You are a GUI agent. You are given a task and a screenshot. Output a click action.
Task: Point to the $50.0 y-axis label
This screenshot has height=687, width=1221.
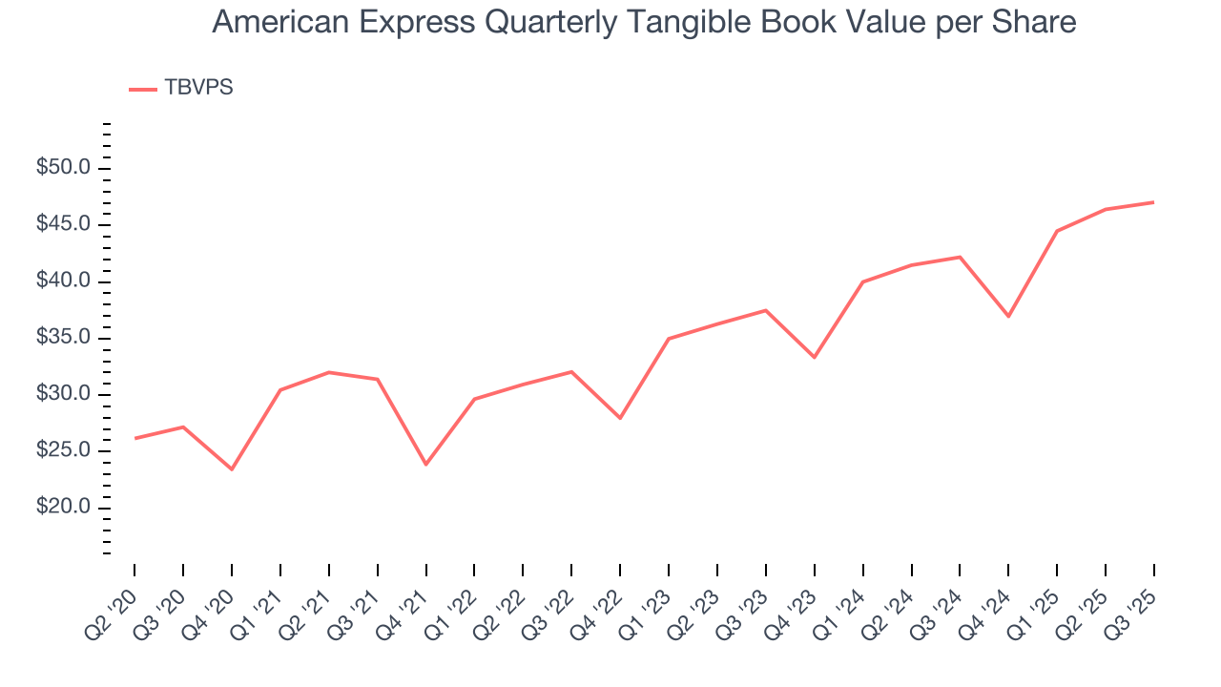pyautogui.click(x=63, y=169)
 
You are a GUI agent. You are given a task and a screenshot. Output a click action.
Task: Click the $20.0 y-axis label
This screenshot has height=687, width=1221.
pyautogui.click(x=63, y=508)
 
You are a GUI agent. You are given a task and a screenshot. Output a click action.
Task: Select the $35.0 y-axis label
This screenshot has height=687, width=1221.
pyautogui.click(x=63, y=338)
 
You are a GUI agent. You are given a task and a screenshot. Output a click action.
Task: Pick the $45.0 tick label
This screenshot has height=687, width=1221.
pyautogui.click(x=63, y=225)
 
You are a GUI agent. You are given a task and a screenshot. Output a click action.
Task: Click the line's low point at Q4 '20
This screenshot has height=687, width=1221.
pyautogui.click(x=232, y=469)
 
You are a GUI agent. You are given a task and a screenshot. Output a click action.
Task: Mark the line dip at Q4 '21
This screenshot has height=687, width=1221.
pyautogui.click(x=425, y=465)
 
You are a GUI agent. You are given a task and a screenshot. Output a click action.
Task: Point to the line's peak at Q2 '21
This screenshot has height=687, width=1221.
pyautogui.click(x=329, y=372)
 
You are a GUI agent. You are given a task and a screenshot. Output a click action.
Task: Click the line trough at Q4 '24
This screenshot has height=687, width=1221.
pyautogui.click(x=1008, y=316)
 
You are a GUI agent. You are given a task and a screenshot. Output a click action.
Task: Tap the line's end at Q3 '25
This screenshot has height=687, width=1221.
pyautogui.click(x=1154, y=202)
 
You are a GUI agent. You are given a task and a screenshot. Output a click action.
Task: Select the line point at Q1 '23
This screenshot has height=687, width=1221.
pyautogui.click(x=669, y=339)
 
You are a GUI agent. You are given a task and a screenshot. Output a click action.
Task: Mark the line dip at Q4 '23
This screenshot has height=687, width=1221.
pyautogui.click(x=814, y=357)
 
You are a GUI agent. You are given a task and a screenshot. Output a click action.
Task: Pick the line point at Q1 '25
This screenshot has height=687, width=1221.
pyautogui.click(x=1057, y=231)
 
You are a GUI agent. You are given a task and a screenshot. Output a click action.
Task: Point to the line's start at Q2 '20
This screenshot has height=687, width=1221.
pyautogui.click(x=135, y=438)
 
